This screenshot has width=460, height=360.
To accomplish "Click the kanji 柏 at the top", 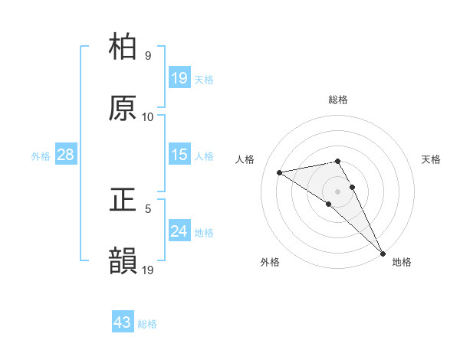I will click(x=123, y=47).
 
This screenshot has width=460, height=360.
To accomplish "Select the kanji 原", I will click(x=123, y=108).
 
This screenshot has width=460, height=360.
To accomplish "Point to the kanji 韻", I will click(x=123, y=261).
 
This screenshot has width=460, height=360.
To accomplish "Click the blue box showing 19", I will click(x=179, y=78).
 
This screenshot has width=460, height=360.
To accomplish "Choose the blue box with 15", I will click(x=179, y=155).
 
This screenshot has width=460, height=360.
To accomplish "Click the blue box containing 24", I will click(x=179, y=231).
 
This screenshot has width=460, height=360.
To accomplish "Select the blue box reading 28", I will click(x=66, y=155).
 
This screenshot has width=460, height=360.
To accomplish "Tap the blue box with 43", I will click(x=123, y=322).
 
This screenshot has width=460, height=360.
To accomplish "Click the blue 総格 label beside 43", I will click(x=147, y=324).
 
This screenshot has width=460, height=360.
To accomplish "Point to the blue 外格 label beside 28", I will click(x=41, y=156).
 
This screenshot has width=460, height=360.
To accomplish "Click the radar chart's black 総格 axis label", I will click(x=337, y=100).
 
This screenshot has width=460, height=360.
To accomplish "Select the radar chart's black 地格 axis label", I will click(x=402, y=262).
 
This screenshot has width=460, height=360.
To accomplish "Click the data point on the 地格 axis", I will click(x=383, y=254).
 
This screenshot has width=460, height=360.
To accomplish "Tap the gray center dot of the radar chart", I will click(x=337, y=191).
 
